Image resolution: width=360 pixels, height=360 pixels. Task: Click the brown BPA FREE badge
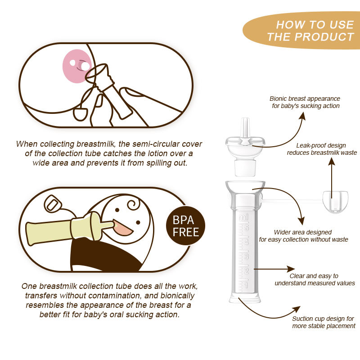(x=185, y=226)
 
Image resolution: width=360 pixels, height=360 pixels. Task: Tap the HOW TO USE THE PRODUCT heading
(x=310, y=31)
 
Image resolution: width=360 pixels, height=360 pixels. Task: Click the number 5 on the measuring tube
(x=247, y=228)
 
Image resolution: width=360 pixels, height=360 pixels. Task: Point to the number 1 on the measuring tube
(x=247, y=285)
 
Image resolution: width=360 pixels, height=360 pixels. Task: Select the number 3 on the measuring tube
(x=247, y=256)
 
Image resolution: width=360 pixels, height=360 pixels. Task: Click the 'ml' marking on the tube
(x=243, y=217)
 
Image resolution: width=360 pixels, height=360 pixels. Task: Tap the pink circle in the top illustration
(x=77, y=66)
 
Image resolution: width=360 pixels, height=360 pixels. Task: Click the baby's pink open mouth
(x=123, y=228)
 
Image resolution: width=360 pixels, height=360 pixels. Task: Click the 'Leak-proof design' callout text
(x=322, y=149)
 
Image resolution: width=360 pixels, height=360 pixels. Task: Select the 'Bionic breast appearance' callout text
(x=305, y=102)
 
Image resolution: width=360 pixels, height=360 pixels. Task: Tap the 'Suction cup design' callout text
(x=324, y=322)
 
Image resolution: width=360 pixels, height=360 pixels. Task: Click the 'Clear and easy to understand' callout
(x=315, y=279)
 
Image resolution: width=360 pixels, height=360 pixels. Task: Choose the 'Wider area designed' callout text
(x=303, y=236)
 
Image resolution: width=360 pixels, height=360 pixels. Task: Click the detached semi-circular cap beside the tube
(x=335, y=202)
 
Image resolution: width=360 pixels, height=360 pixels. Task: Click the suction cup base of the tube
(x=245, y=298)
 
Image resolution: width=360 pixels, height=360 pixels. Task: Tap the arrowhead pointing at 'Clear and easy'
(x=291, y=269)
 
